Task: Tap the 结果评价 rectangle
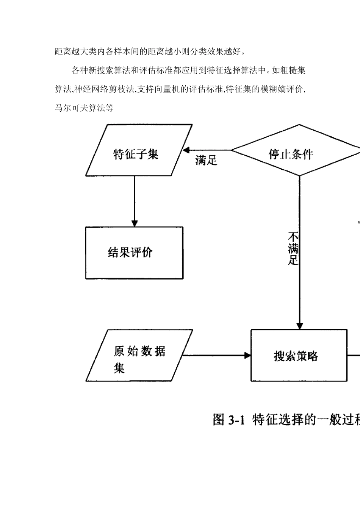point(134,253)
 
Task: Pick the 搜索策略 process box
point(299,356)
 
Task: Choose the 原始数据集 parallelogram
point(138,356)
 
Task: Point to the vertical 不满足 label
point(293,249)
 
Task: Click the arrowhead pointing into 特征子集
point(186,150)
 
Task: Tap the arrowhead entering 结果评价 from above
point(134,223)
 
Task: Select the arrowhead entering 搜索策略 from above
point(300,326)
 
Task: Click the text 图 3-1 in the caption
point(230,419)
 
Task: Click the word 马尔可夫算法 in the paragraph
point(76,108)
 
